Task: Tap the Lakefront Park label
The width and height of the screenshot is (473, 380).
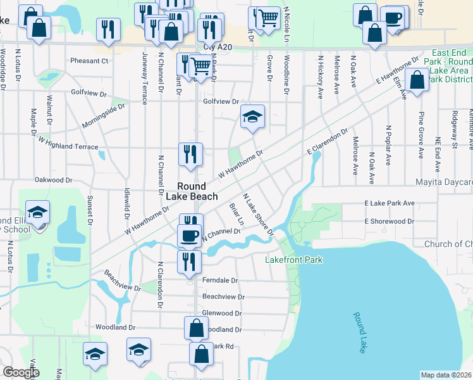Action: pos(293,260)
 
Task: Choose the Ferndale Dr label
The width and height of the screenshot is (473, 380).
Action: pos(220,280)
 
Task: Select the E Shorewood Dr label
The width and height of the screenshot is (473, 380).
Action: pos(388,222)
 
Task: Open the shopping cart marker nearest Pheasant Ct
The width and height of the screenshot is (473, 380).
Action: pos(201,65)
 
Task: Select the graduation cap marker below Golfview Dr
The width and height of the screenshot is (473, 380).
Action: pos(252,116)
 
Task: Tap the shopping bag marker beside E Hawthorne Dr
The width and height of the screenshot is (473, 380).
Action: pos(417,80)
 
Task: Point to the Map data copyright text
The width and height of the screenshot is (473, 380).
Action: pos(446,375)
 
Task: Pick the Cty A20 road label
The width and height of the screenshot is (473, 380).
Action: pos(214,47)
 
